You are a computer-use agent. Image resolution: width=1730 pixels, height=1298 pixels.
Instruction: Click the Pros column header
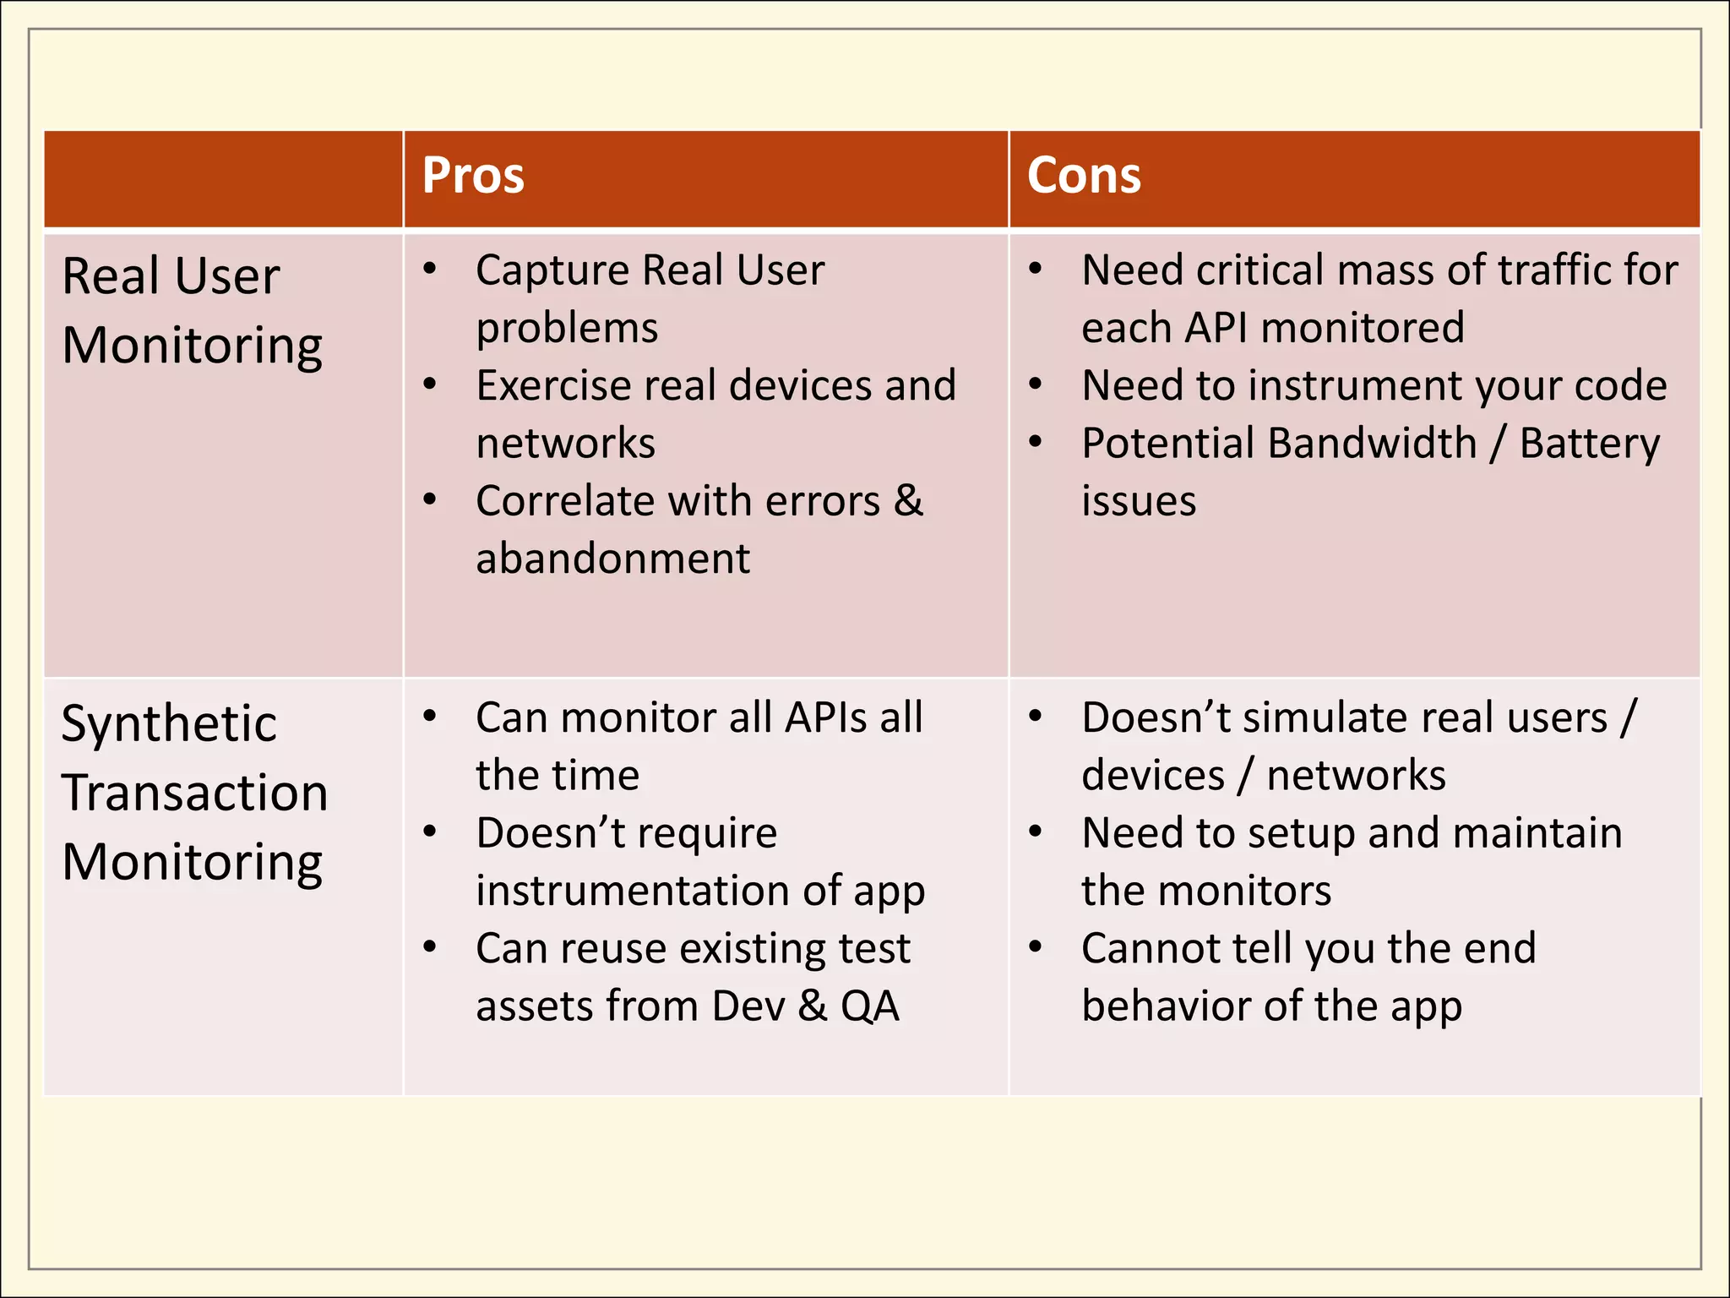[x=473, y=176]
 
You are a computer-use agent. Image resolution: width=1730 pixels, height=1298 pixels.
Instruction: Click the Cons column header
[x=1084, y=176]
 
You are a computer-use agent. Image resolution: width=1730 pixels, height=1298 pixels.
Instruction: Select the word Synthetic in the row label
[x=169, y=725]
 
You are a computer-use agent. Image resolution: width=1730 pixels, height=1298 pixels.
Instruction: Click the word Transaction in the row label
[x=195, y=794]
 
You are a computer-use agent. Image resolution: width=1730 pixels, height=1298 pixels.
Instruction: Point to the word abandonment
[x=612, y=559]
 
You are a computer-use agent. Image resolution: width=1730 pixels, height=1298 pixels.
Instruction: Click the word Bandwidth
[x=1279, y=444]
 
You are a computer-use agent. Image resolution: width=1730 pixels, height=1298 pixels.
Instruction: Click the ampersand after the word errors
[x=908, y=500]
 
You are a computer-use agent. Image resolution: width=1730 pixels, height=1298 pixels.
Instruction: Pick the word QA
[x=869, y=1006]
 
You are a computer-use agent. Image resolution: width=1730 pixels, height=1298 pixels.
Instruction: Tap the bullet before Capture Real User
[x=430, y=270]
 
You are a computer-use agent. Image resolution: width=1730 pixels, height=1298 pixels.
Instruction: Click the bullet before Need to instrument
[x=1036, y=385]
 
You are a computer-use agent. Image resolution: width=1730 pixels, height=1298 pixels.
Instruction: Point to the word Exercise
[x=553, y=386]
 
